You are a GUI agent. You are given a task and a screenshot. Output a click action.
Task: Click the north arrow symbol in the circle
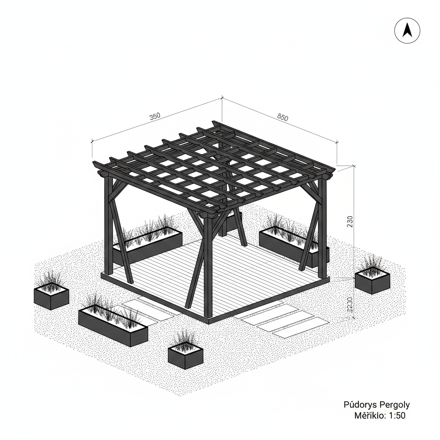pyautogui.click(x=407, y=31)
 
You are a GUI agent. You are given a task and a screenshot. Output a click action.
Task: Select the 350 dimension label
pyautogui.click(x=155, y=116)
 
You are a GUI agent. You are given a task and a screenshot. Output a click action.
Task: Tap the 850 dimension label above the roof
pyautogui.click(x=283, y=117)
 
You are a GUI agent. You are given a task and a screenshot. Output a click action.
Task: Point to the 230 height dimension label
pyautogui.click(x=350, y=221)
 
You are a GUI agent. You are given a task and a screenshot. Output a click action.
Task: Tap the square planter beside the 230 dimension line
pyautogui.click(x=372, y=279)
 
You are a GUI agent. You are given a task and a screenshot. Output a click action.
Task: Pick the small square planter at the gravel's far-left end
pyautogui.click(x=51, y=296)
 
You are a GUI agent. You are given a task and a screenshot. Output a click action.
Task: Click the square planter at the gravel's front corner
pyautogui.click(x=185, y=353)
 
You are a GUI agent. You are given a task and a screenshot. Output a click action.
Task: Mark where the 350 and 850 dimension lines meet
pyautogui.click(x=222, y=98)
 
